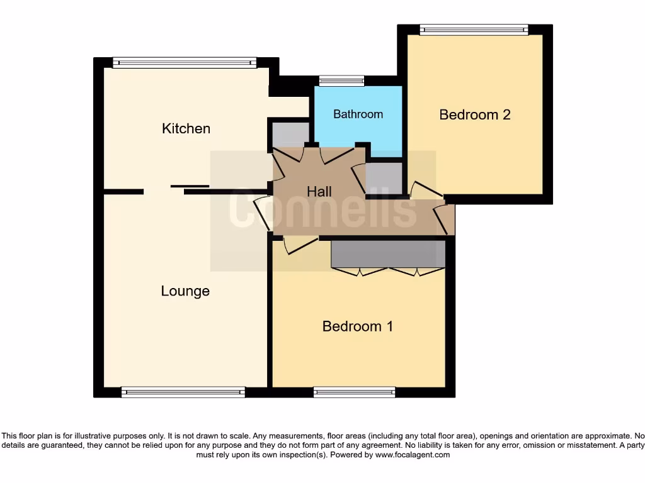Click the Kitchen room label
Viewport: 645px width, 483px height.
tap(186, 128)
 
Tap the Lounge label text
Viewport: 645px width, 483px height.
tap(185, 291)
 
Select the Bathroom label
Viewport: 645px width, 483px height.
tap(358, 114)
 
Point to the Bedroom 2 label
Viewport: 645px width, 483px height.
tap(474, 114)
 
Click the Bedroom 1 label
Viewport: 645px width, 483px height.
tap(357, 326)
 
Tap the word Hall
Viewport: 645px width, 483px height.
tap(319, 191)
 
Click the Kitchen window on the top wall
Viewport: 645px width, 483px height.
tap(185, 62)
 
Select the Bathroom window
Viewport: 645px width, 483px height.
tap(341, 80)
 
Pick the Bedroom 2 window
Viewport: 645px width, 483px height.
tap(474, 29)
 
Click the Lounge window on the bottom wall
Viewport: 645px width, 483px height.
tap(183, 392)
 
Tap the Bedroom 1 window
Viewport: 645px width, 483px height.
tap(354, 392)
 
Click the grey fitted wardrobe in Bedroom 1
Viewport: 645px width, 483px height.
tap(387, 254)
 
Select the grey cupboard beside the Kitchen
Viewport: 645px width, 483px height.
tap(290, 133)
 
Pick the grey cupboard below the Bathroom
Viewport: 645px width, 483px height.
tap(384, 178)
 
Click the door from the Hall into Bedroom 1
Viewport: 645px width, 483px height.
tap(300, 245)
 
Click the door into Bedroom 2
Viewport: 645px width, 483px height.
tap(426, 192)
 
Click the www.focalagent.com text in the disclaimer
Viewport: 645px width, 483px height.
tap(413, 455)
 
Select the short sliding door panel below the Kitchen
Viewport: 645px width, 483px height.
tap(190, 186)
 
